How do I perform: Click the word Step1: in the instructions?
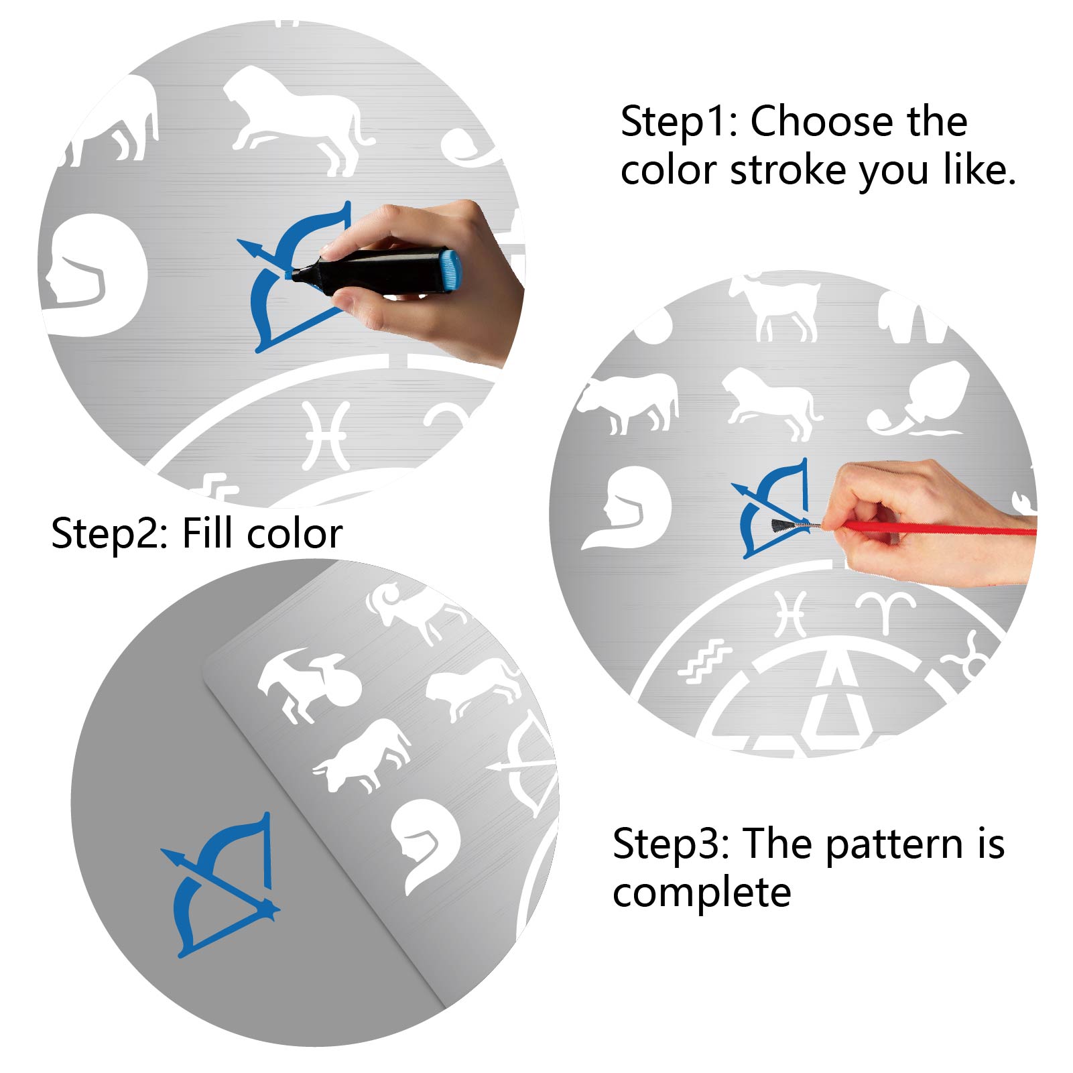[x=680, y=123]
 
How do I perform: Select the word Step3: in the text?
[x=671, y=844]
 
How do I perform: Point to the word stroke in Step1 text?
[x=789, y=171]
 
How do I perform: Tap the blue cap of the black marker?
[x=450, y=270]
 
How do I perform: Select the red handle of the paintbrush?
[x=938, y=528]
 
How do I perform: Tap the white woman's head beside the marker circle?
[x=93, y=275]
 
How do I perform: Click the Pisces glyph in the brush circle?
[x=791, y=613]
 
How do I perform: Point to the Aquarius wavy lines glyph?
[x=704, y=660]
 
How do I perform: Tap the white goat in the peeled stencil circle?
[x=309, y=685]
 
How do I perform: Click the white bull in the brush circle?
[x=627, y=402]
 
